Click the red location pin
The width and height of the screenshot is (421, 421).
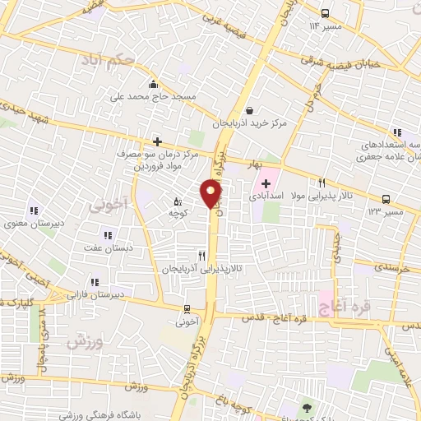pos(210,194)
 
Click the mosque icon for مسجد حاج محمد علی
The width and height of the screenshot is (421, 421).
pos(153,84)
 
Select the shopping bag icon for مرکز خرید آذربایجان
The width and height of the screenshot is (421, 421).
pos(248,110)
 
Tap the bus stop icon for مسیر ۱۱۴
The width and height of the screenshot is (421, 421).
pos(326,13)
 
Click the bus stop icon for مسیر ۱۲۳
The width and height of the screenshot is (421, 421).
pos(386,199)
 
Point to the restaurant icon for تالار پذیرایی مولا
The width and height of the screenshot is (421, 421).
pos(322,183)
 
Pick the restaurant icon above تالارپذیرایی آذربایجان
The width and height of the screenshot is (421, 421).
pos(201,256)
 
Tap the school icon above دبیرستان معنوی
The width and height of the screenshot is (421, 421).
pos(34,210)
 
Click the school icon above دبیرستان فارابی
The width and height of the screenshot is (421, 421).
pos(94,282)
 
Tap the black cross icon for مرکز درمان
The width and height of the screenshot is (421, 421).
pos(157,141)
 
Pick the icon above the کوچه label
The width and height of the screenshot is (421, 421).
pos(178,201)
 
